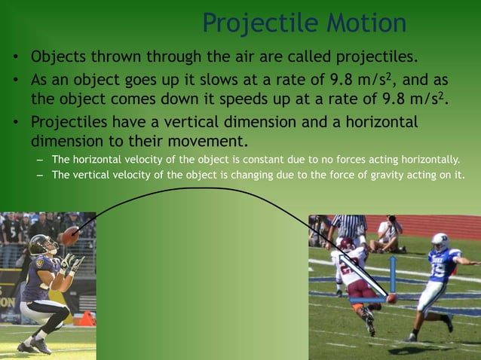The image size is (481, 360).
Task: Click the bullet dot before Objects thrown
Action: click(x=14, y=58)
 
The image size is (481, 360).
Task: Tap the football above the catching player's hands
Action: click(x=69, y=236)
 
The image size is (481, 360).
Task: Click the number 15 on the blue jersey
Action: click(x=436, y=267)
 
